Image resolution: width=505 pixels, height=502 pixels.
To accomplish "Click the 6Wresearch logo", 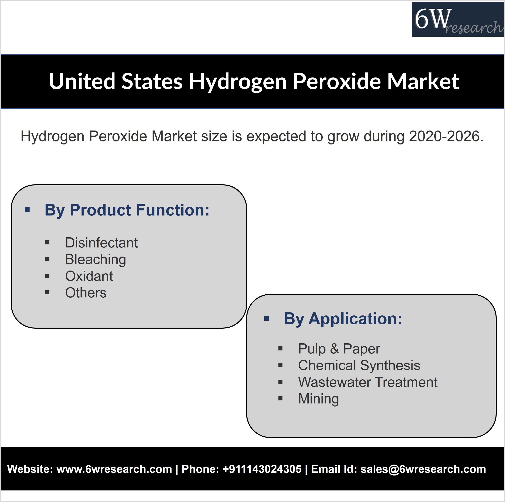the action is pyautogui.click(x=458, y=19).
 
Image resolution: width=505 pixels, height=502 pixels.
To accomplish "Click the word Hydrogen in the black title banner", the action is pyautogui.click(x=238, y=82).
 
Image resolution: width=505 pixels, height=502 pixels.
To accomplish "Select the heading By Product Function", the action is pyautogui.click(x=127, y=210).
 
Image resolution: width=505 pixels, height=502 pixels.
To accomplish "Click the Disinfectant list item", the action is pyautogui.click(x=101, y=243).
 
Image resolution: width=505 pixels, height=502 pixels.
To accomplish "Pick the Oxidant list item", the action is pyautogui.click(x=89, y=276).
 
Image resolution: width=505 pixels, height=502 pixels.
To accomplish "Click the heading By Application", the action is pyautogui.click(x=343, y=319).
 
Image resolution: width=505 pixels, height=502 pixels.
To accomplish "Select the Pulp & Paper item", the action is pyautogui.click(x=339, y=349).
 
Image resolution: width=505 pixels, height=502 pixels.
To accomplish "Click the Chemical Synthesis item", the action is pyautogui.click(x=359, y=366).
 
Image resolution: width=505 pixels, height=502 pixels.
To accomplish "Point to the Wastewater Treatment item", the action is pyautogui.click(x=368, y=382).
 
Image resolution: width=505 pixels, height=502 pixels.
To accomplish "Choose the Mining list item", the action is pyautogui.click(x=319, y=399).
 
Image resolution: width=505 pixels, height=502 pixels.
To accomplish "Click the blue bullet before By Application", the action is pyautogui.click(x=267, y=318).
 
